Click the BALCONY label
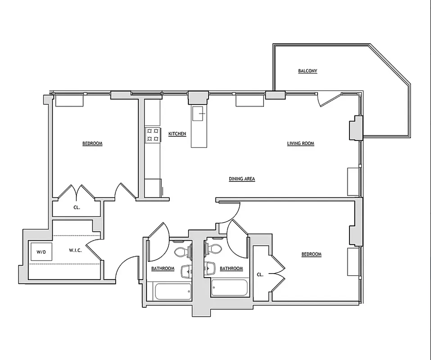click(308, 71)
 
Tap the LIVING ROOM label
click(300, 144)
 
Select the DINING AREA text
click(242, 179)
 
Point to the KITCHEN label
click(177, 134)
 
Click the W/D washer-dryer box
click(41, 252)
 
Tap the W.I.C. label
click(75, 250)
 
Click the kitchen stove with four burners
click(152, 135)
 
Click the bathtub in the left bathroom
click(172, 292)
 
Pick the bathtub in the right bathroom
click(229, 288)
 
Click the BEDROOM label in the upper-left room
click(92, 144)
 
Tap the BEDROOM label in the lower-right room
click(311, 255)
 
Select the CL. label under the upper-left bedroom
click(77, 208)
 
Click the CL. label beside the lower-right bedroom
click(260, 274)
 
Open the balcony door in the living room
click(329, 99)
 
